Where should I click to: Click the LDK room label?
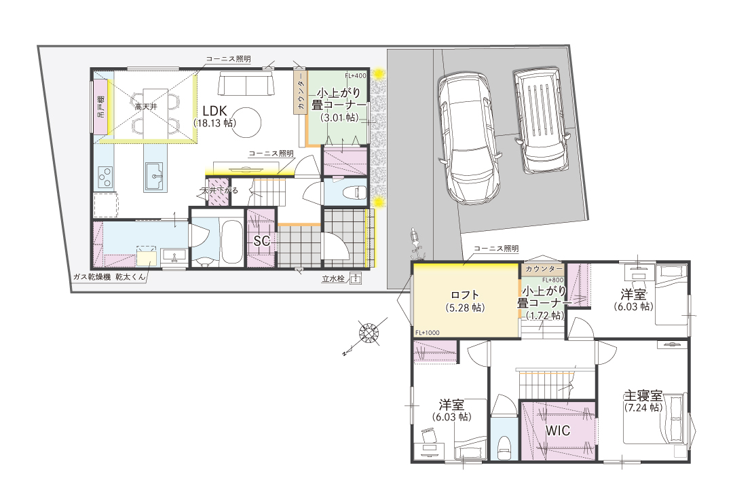214,111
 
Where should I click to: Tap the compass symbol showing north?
369,333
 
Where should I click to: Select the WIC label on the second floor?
558,430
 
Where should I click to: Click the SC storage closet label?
262,240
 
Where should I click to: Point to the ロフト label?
465,295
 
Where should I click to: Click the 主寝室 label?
643,396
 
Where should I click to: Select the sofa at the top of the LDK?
246,84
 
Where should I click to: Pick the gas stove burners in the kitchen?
105,177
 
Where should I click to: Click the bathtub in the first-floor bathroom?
231,242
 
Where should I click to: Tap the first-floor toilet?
354,192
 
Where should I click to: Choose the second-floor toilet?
504,447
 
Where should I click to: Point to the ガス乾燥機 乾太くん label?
109,277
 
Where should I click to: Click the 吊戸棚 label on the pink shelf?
101,106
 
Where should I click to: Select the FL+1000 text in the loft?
428,333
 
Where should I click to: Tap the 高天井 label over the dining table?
147,107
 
